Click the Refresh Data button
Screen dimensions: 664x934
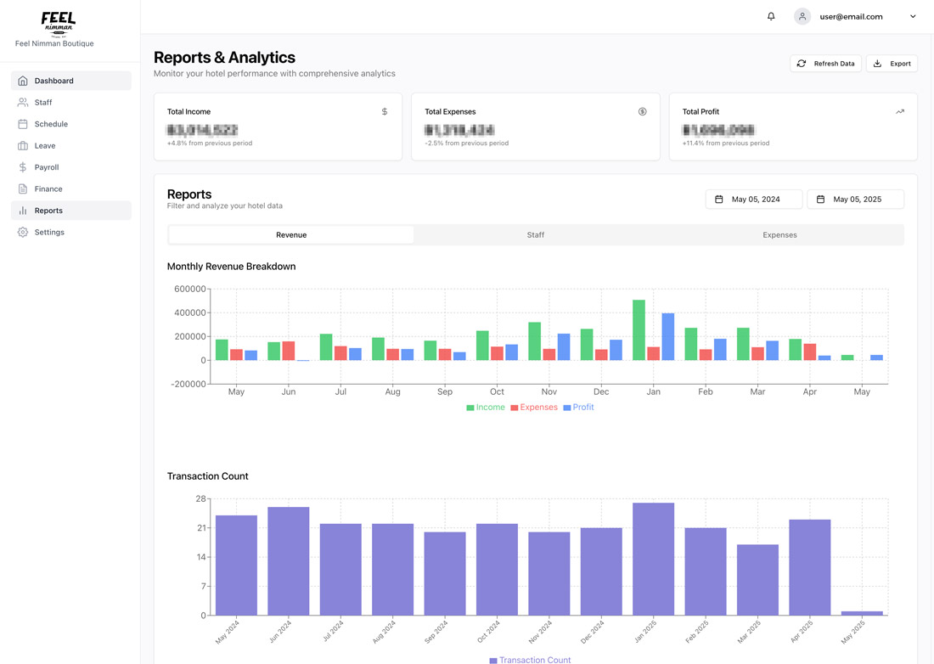(825, 64)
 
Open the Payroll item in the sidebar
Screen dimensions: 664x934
(47, 167)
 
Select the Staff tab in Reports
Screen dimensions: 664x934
(535, 235)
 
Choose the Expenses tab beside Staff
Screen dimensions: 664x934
(779, 235)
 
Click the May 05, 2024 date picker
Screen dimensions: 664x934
(754, 200)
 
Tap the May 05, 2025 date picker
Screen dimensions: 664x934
(855, 200)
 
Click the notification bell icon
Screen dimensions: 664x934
(771, 16)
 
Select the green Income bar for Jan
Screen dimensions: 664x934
(639, 330)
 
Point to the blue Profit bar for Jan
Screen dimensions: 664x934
(668, 337)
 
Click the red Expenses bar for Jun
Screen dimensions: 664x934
(289, 351)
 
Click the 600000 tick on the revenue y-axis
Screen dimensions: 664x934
(189, 290)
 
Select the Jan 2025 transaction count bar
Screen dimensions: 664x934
(653, 559)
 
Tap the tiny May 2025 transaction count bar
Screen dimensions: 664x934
(862, 613)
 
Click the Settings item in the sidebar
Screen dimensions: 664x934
(49, 232)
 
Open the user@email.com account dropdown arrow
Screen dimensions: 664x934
(913, 16)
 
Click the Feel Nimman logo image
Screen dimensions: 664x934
(58, 23)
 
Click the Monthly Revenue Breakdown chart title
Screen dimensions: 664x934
(231, 267)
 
